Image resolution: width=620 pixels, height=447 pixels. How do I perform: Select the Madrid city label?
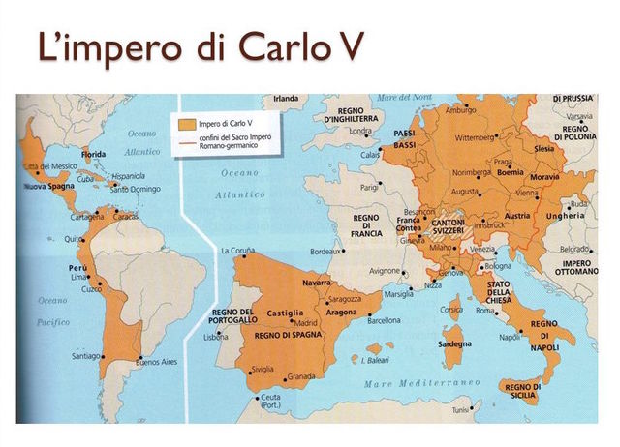(x=306, y=323)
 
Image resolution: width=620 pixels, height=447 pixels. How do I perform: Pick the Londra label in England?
(x=360, y=131)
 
